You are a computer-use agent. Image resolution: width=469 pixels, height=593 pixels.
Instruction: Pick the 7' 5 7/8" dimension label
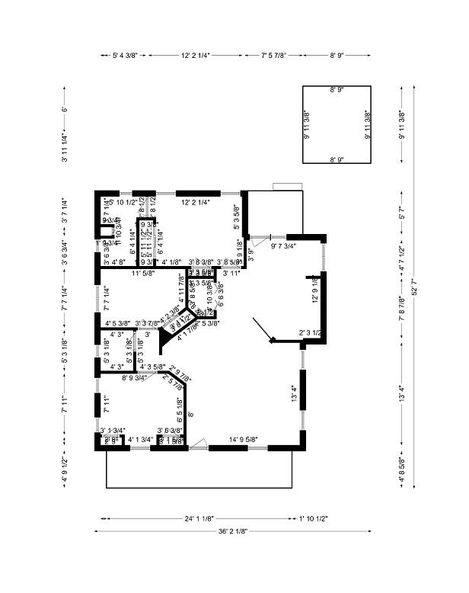pos(279,56)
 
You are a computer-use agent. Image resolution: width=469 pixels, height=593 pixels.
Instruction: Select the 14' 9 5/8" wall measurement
pos(243,439)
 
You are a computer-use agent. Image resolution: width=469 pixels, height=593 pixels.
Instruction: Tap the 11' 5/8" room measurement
pos(142,272)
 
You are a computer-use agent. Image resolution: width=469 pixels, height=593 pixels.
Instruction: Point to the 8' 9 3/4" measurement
pos(135,377)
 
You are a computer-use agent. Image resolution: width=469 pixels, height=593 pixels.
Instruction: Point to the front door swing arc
pos(199,443)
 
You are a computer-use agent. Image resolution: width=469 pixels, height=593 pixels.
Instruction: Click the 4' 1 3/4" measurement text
pos(141,439)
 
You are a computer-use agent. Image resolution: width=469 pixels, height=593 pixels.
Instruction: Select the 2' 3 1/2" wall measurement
pos(310,333)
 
